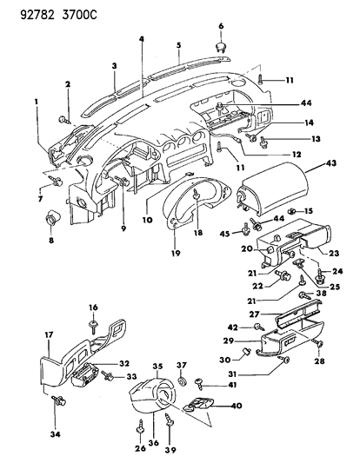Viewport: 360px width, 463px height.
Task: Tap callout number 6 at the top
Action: click(220, 26)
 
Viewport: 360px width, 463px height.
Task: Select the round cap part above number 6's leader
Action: click(220, 45)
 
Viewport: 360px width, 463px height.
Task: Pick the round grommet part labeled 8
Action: click(53, 217)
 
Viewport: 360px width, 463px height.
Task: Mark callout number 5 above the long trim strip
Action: click(178, 44)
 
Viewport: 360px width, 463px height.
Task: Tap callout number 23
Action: click(334, 254)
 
